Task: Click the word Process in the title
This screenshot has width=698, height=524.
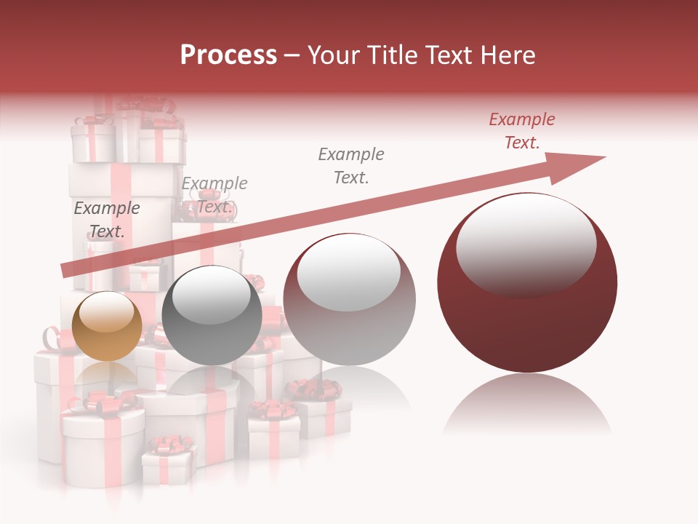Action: [228, 55]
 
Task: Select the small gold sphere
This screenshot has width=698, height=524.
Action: [107, 326]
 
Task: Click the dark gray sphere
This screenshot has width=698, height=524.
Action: [212, 316]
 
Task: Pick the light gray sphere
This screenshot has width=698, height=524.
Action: [349, 300]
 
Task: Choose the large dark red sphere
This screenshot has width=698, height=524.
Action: [527, 282]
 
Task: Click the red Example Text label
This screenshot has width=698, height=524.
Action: [521, 131]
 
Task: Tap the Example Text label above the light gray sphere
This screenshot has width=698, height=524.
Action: [351, 166]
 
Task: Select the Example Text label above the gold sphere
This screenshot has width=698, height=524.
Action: [106, 220]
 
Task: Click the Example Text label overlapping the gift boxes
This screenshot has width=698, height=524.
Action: [214, 195]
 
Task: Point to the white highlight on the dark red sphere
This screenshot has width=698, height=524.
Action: [526, 245]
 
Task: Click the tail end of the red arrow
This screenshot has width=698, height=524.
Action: [67, 271]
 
